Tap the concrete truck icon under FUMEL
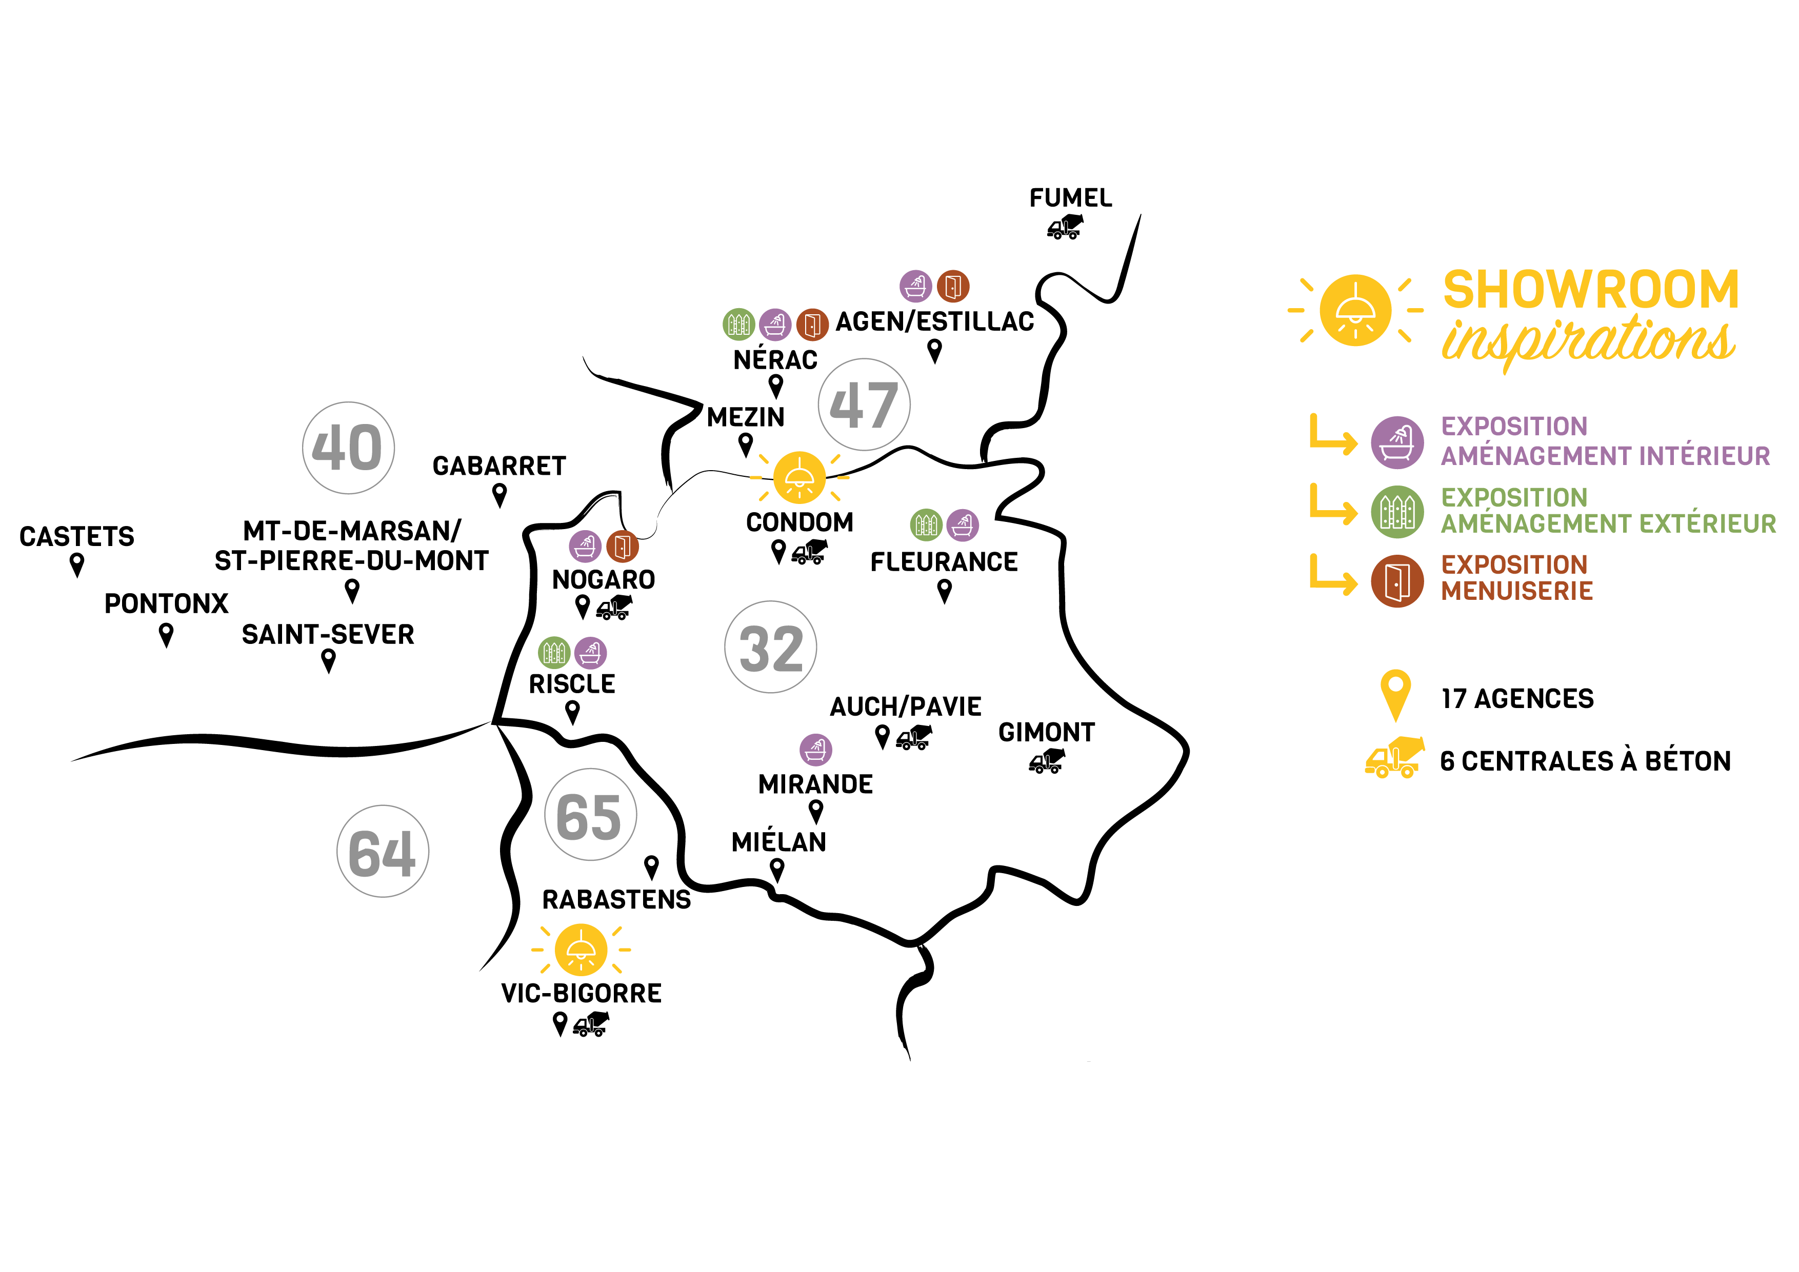click(x=1065, y=227)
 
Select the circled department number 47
click(x=864, y=405)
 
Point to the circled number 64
click(x=383, y=852)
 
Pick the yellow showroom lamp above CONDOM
click(x=799, y=477)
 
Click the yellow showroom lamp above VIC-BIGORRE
click(x=581, y=950)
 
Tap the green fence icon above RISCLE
click(x=554, y=652)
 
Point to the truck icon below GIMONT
click(x=1047, y=760)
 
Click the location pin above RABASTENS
click(x=651, y=867)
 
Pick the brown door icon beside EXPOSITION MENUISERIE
click(x=1397, y=580)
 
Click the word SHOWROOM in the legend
click(x=1591, y=290)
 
